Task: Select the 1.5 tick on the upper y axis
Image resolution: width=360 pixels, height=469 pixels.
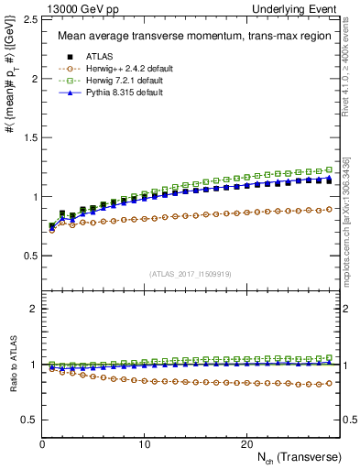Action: pyautogui.click(x=29, y=137)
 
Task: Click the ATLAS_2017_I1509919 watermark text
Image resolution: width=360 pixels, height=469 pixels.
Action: pyautogui.click(x=190, y=273)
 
